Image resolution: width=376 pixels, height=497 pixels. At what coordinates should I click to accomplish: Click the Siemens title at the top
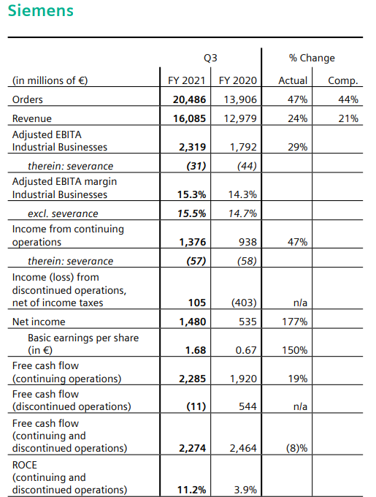click(40, 10)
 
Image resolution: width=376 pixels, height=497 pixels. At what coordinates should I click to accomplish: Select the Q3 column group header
click(210, 58)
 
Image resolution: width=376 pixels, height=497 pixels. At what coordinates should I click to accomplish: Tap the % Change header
click(312, 58)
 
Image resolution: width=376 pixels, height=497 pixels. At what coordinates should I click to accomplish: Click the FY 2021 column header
click(186, 80)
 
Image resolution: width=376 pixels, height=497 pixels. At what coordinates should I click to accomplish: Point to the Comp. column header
click(343, 81)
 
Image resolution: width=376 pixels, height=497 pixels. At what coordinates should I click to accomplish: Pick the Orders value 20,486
click(189, 99)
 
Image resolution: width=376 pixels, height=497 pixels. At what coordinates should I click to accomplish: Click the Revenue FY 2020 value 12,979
click(240, 118)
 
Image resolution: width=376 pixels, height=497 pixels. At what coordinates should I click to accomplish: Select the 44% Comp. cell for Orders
click(348, 99)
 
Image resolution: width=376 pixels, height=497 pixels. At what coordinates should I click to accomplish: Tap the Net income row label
click(39, 322)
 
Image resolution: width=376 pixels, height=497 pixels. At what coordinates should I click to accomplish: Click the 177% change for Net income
click(295, 322)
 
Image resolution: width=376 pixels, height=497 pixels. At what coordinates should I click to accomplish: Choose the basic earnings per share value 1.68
click(196, 350)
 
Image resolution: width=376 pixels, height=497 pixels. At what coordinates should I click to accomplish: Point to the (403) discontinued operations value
click(244, 303)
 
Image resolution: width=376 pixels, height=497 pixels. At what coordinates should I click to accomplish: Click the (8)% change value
click(296, 448)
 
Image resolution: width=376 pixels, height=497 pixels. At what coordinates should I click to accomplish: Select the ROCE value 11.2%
click(191, 490)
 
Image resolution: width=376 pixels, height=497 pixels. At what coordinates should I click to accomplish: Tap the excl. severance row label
click(63, 213)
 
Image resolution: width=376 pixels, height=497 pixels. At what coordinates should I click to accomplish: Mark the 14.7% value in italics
click(242, 213)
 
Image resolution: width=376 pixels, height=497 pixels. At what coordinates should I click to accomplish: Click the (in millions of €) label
click(50, 80)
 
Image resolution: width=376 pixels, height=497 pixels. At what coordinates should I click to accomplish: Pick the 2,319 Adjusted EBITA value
click(193, 147)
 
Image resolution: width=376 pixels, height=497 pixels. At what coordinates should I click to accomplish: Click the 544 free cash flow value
click(248, 406)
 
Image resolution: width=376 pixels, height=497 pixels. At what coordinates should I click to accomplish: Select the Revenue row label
click(31, 118)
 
